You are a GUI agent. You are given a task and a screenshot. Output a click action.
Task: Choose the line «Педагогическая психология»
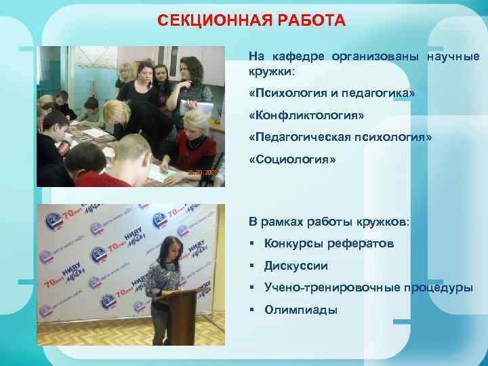(340, 138)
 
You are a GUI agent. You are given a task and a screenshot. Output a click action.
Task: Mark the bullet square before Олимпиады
(252, 310)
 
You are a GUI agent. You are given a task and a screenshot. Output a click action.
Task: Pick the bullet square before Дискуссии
(252, 266)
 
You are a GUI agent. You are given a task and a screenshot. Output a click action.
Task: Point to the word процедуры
(439, 287)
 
